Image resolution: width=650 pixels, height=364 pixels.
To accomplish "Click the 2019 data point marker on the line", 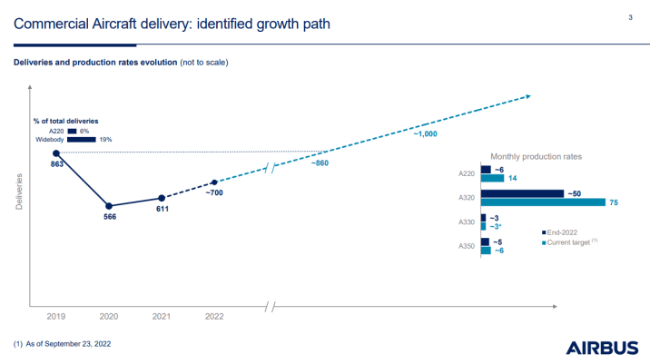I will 56,153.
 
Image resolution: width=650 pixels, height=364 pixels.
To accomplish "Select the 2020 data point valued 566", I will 109,206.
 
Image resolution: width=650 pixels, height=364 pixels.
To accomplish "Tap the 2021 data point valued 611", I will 161,198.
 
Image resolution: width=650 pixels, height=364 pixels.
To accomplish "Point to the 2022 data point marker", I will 213,182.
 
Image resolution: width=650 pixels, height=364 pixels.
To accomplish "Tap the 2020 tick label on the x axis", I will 109,317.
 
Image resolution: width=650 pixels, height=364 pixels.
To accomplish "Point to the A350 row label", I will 467,246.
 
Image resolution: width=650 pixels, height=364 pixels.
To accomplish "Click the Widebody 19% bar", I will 81,139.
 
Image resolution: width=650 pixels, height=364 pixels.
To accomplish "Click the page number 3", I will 630,17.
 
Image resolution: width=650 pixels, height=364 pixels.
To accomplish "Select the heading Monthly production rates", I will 536,156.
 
